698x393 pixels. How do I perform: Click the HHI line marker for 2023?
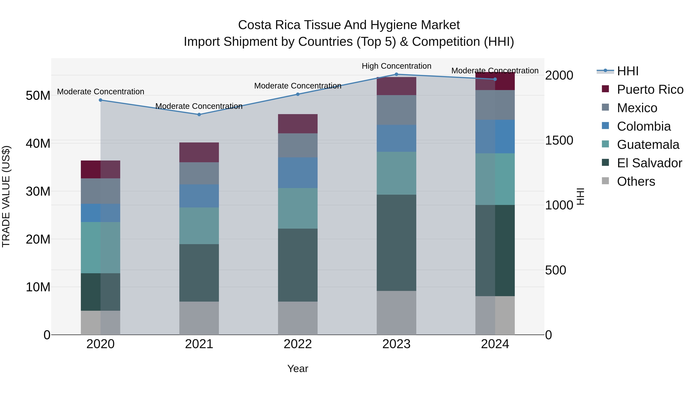click(x=397, y=74)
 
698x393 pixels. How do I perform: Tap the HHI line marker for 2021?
click(x=199, y=115)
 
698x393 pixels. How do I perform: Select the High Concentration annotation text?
click(x=397, y=66)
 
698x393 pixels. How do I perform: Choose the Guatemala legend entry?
click(x=648, y=145)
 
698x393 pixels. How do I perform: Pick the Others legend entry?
click(x=636, y=181)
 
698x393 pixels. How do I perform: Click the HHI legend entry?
click(x=628, y=71)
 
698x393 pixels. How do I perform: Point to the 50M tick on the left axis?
click(x=38, y=96)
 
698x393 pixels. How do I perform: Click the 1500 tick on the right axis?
click(x=559, y=141)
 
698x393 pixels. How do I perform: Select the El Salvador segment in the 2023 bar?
click(x=397, y=243)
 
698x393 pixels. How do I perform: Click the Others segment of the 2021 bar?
click(x=199, y=318)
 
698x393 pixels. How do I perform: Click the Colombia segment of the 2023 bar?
click(x=397, y=138)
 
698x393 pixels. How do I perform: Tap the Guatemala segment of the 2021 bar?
click(x=199, y=226)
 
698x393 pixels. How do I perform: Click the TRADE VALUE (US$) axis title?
click(x=6, y=196)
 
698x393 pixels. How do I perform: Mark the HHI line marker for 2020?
click(x=100, y=100)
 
